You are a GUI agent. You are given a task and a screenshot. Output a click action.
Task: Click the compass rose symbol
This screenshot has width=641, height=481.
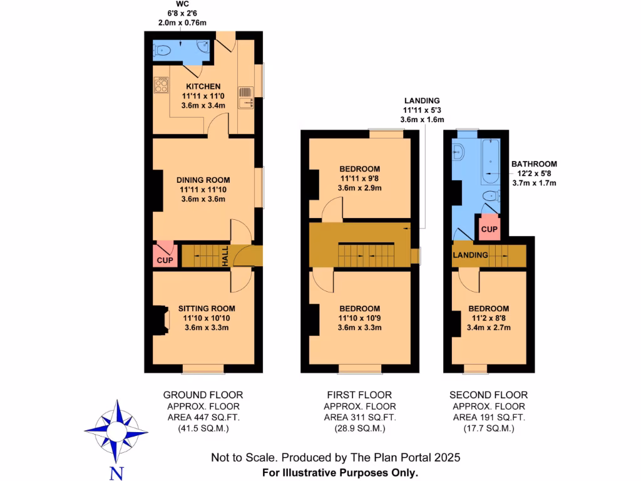point(116,431)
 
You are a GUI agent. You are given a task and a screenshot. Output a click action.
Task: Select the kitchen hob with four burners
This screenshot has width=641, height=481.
point(161,85)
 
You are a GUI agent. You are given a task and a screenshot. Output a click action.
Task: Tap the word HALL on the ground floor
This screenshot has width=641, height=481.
point(225,256)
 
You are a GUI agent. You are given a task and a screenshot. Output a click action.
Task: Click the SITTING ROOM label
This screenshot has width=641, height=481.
point(207,308)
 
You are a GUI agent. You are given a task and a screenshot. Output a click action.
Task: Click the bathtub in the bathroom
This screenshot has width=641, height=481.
point(490,162)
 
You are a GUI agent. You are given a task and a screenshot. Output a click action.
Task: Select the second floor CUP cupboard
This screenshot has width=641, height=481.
point(490,229)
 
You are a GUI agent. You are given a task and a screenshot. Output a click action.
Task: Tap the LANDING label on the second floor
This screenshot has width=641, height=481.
point(470,256)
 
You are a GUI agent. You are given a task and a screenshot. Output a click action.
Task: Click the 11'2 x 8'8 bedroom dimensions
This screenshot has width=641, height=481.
point(488,318)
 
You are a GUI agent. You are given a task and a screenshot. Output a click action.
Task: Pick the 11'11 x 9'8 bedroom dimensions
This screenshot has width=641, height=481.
point(359,178)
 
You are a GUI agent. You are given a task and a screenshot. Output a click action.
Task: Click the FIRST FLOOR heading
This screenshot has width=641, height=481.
point(359,395)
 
